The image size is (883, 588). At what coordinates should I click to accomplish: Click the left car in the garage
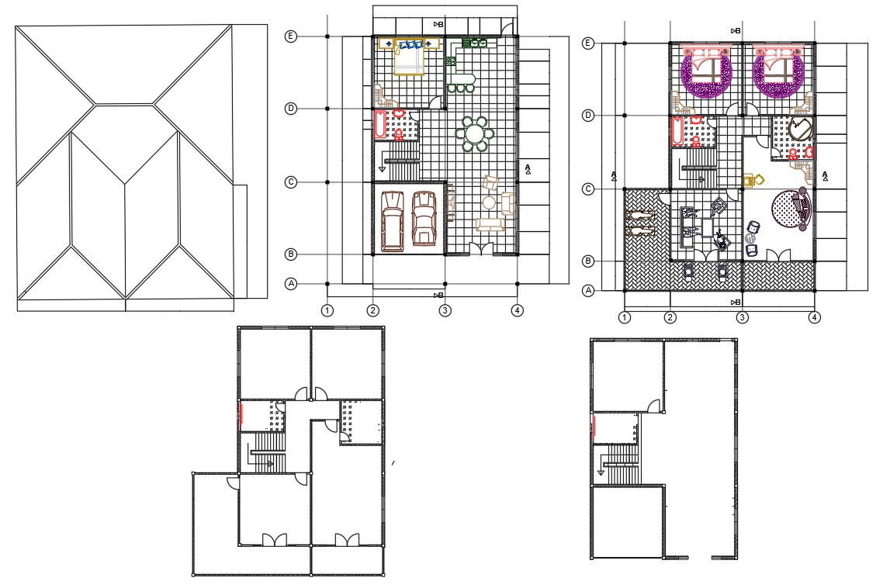tap(392, 221)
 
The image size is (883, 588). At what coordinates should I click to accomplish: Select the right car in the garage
tap(424, 218)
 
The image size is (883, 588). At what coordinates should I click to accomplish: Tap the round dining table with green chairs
tap(476, 134)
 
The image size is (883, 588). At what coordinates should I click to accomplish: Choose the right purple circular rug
tap(778, 74)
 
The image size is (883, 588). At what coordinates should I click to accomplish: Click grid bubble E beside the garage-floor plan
tap(290, 36)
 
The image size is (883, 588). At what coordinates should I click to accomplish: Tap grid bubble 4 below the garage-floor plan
tap(517, 310)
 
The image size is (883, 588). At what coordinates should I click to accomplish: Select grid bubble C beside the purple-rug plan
tap(588, 189)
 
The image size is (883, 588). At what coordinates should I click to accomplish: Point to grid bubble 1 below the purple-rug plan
tap(625, 317)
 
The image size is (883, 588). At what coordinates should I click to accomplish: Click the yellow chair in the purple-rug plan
tap(753, 181)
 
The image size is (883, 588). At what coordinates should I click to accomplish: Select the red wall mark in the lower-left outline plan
tap(241, 413)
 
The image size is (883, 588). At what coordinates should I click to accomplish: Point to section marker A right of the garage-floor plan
tap(528, 169)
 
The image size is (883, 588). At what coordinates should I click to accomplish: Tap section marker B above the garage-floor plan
tap(438, 24)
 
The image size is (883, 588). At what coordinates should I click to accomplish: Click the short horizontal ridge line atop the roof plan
tap(124, 104)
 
